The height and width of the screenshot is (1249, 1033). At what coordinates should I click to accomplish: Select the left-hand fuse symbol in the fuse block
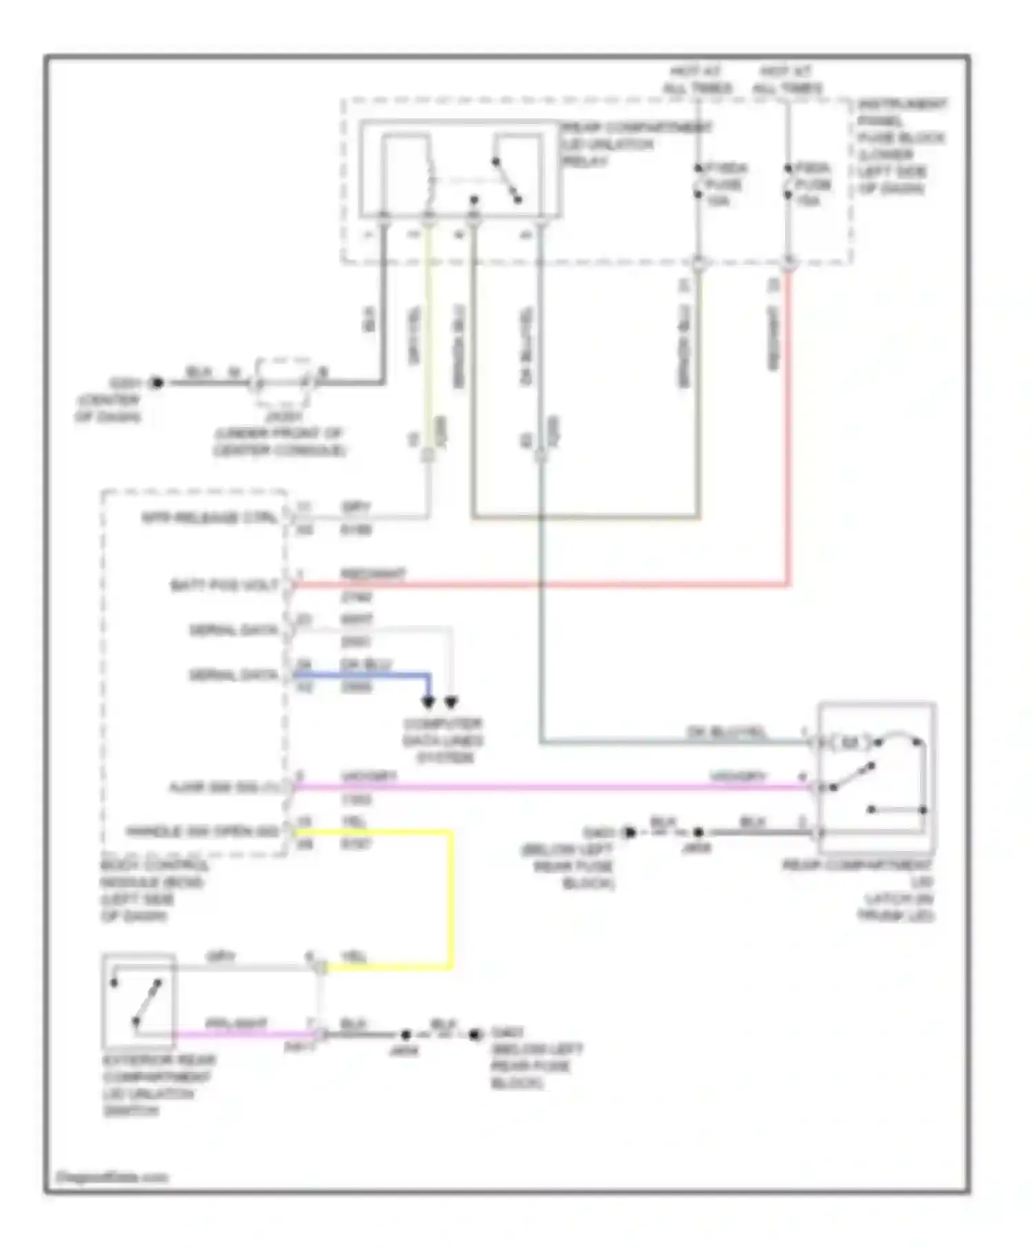point(698,183)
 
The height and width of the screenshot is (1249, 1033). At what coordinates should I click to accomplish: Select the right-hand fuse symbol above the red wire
point(788,183)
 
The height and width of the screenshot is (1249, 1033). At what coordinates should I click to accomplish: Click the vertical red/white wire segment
point(789,427)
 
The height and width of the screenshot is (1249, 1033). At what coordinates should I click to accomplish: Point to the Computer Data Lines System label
point(443,741)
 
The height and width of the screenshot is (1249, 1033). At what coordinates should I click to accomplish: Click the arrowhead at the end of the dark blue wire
point(428,702)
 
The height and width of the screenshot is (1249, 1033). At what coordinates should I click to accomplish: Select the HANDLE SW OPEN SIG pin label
point(202,832)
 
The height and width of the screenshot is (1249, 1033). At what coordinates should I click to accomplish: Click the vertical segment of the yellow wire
point(452,899)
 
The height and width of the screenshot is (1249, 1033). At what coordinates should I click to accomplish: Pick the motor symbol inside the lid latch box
point(851,742)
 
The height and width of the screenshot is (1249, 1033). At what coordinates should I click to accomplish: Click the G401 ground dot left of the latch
point(629,832)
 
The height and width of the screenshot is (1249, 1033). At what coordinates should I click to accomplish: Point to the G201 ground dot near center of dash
point(157,383)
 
